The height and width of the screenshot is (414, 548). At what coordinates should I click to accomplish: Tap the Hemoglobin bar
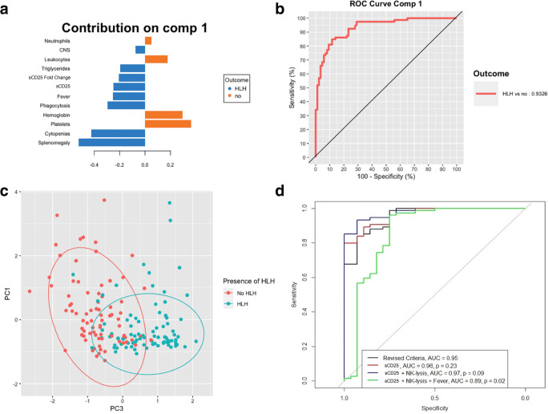click(163, 114)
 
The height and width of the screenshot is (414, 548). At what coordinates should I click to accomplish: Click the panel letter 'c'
click(5, 192)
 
